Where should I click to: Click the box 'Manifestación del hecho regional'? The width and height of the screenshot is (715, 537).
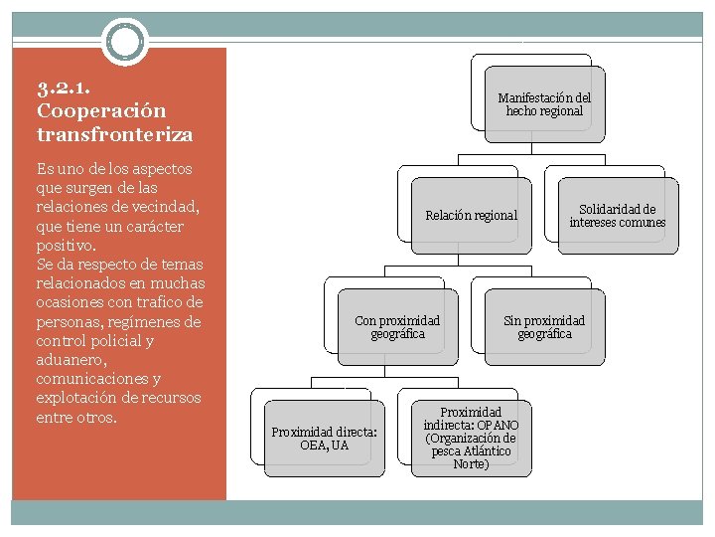pos(543,104)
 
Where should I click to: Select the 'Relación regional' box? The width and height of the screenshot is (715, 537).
pos(471,215)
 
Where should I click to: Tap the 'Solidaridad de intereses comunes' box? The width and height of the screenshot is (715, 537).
pos(617,216)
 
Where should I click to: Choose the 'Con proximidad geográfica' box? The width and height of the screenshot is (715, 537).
pos(397,327)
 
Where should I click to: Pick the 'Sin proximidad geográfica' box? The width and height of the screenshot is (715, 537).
pos(544,327)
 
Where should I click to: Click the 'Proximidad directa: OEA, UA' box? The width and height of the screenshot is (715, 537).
pos(324,438)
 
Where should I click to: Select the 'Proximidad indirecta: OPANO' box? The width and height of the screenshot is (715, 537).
pos(471,438)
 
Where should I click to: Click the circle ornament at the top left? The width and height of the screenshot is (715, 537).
pos(125,43)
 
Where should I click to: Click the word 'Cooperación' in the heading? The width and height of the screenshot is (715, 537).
pos(100,110)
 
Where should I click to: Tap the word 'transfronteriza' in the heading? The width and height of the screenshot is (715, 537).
pos(114,133)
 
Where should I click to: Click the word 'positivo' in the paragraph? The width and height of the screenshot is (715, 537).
pos(65,245)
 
